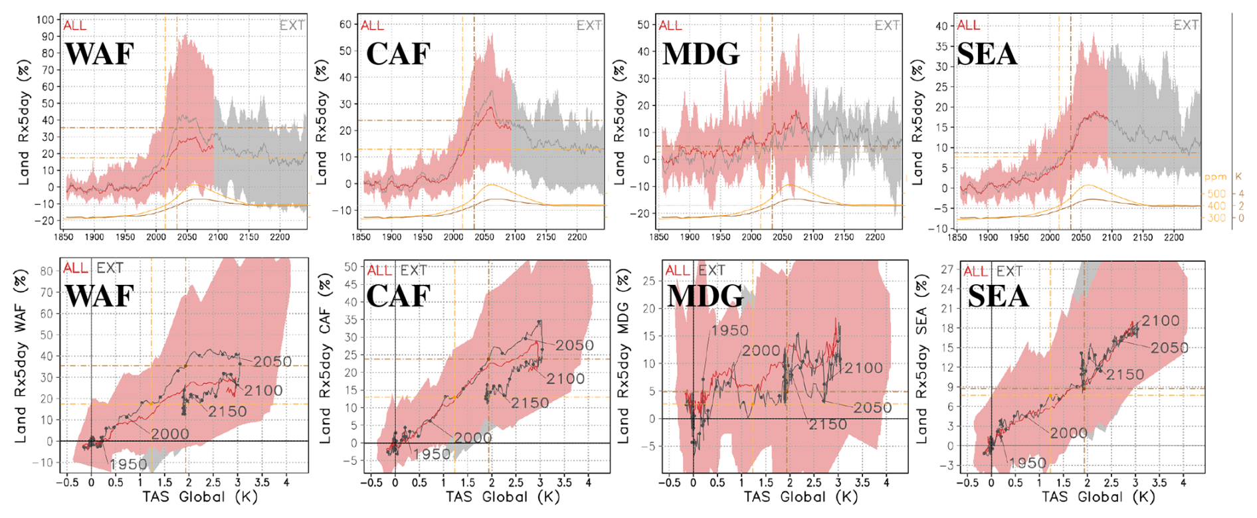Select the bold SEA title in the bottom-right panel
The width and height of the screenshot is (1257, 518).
pos(998,296)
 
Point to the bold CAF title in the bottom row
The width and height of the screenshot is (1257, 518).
pos(398,296)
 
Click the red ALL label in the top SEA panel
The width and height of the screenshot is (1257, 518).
pos(968,25)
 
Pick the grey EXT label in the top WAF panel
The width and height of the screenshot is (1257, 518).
pos(292,25)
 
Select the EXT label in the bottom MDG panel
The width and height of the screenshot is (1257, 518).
pos(712,270)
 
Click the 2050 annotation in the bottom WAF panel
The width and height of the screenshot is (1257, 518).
pos(272,361)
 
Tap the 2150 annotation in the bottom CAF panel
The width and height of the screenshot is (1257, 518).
pos(530,403)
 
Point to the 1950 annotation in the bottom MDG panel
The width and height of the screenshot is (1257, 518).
pos(729,330)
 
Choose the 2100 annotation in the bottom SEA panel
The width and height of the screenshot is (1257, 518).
pos(1160,321)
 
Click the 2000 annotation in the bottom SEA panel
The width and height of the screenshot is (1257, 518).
pos(1068,433)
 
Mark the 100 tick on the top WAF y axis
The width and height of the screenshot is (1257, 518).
pos(45,20)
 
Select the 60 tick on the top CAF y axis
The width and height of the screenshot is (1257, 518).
pos(345,25)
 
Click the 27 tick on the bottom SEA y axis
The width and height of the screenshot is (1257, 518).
pos(947,269)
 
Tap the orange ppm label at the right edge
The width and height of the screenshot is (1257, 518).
pos(1216,177)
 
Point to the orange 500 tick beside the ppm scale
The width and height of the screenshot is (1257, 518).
pos(1216,194)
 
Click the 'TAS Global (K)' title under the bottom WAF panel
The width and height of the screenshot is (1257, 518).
pos(200,496)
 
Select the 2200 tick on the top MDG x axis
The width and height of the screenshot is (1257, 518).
pos(875,237)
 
